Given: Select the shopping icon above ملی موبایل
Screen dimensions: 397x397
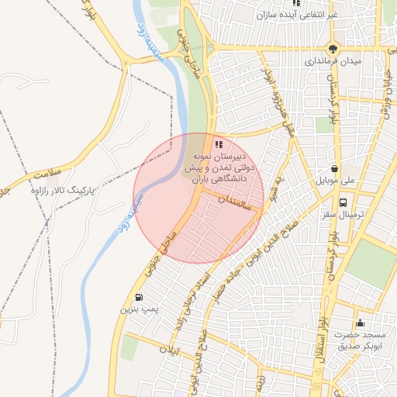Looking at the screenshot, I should (x=334, y=168).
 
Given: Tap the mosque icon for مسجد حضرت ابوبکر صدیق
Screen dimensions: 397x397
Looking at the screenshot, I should (x=359, y=323).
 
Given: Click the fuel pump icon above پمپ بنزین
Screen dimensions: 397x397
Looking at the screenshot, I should (x=139, y=297).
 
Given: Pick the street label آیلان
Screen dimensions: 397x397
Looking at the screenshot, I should (x=167, y=352).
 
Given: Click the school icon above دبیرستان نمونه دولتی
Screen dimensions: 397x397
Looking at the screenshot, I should (x=218, y=143).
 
